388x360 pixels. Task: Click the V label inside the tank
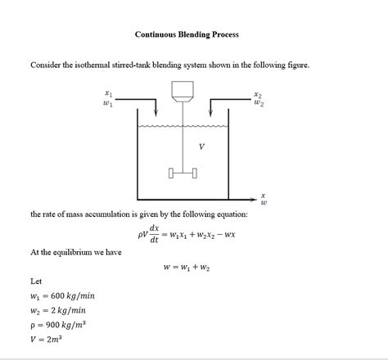pos(201,146)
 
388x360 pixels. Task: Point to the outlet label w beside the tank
pos(263,204)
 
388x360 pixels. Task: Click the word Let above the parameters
pos(36,280)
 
